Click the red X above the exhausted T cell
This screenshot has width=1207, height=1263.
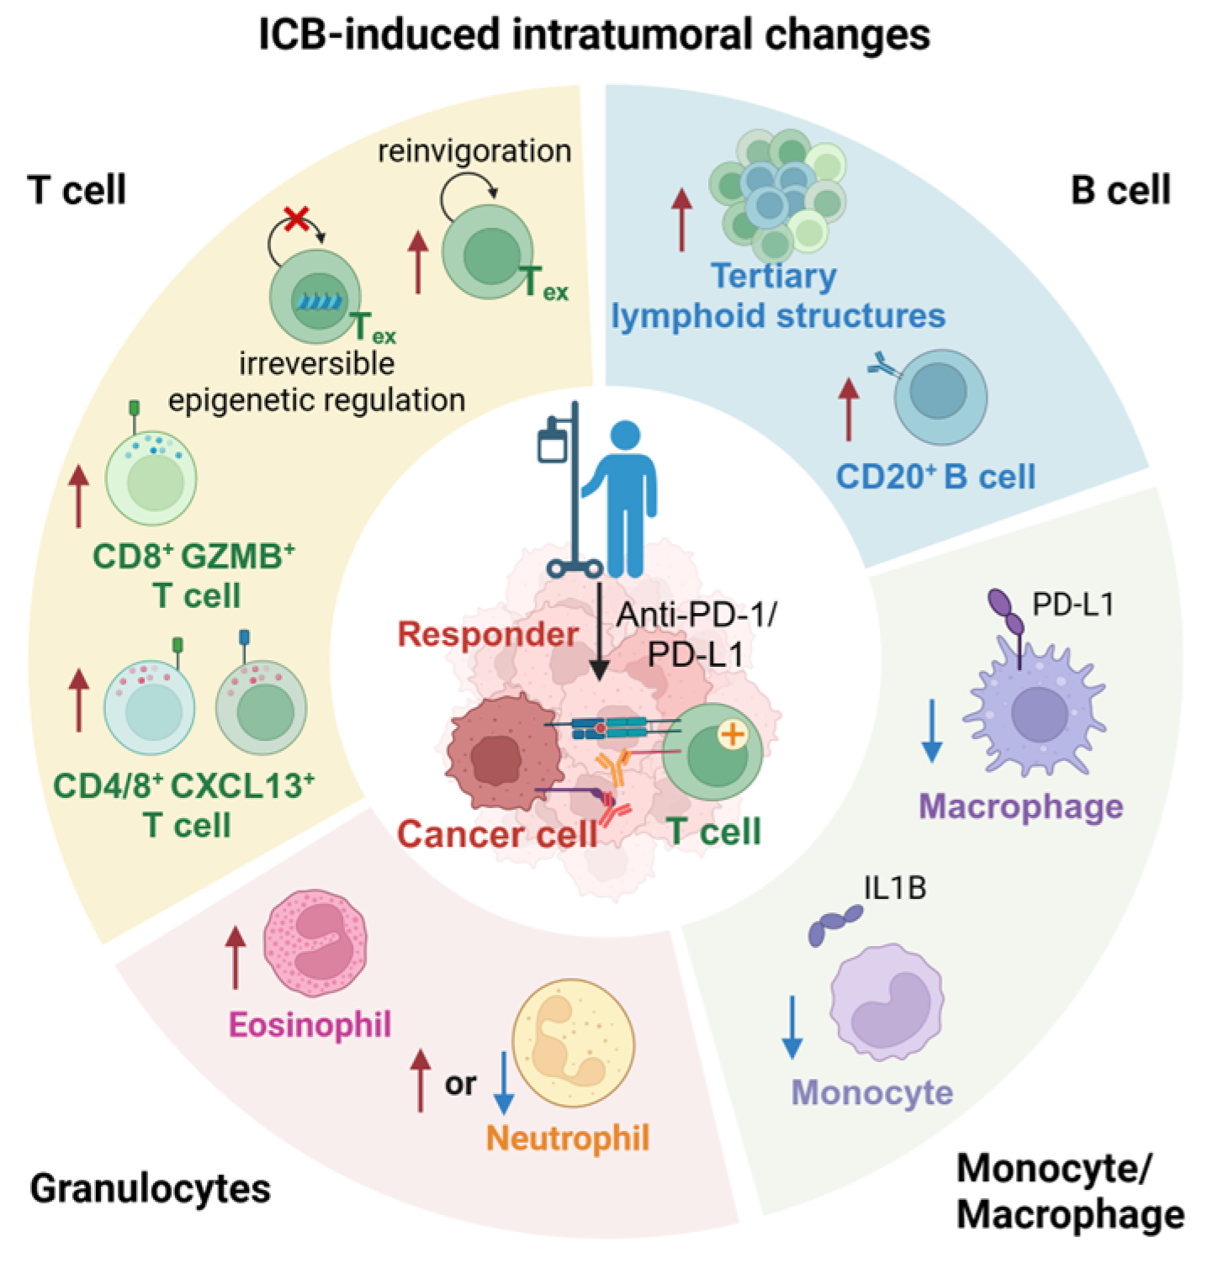(x=296, y=219)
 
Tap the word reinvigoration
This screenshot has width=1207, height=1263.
(x=474, y=151)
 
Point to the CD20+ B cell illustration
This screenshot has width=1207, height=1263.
(x=940, y=398)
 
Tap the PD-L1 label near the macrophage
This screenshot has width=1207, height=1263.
(x=1072, y=604)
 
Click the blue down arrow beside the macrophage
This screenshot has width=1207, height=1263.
(x=931, y=730)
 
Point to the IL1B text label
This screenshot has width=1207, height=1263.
(x=895, y=888)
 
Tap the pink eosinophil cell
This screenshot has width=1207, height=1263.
(x=315, y=943)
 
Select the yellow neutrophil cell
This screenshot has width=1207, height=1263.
(x=573, y=1043)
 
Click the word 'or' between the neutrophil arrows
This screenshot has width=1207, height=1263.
(x=460, y=1085)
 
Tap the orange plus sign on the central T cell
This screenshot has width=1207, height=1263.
(x=732, y=735)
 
